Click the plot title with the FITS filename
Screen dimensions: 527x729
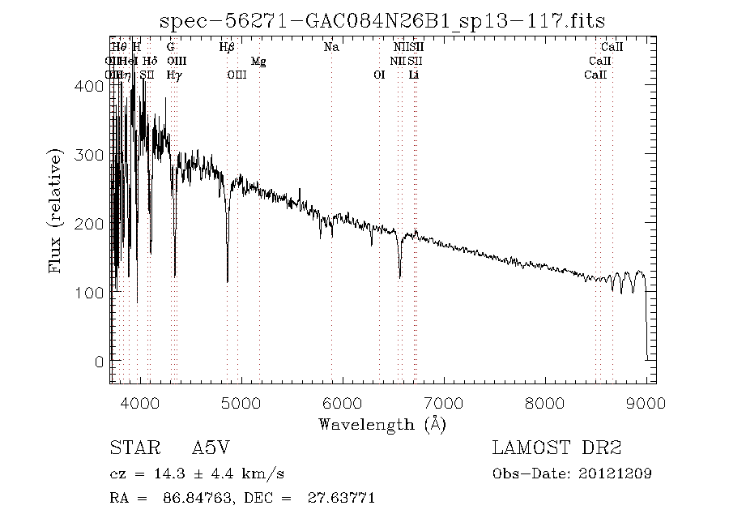tap(382, 20)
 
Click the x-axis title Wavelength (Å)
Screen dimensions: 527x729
tap(382, 423)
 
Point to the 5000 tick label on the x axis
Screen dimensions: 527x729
tap(241, 403)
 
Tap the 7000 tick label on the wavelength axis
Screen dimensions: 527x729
tap(444, 403)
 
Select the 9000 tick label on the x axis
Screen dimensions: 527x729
tap(646, 403)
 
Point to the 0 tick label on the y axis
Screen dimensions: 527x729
tap(99, 361)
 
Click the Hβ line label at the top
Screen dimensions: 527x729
tap(227, 48)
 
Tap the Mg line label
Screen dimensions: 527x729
tap(258, 62)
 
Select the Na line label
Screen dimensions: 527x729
tap(331, 48)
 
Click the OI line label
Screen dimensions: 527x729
tap(379, 75)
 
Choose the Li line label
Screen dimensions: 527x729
tap(414, 75)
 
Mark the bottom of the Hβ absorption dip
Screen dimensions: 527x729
tap(228, 281)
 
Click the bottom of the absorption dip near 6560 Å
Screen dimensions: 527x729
tap(399, 276)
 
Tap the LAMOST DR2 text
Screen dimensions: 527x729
tap(556, 448)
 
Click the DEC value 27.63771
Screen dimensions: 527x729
tap(343, 498)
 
